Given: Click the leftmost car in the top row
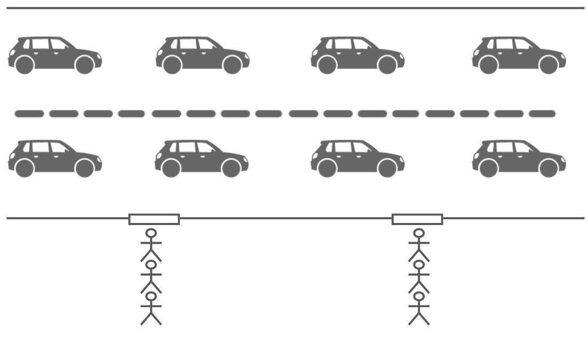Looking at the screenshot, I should coord(54,54).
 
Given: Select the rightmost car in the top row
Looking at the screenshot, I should coord(519,54).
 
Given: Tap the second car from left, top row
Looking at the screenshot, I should coord(202,54).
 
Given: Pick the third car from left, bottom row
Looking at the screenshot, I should coord(357,158).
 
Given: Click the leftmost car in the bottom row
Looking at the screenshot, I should coord(54,158).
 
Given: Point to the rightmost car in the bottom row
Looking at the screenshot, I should coord(519,158).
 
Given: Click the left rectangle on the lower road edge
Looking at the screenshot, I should coord(154,219).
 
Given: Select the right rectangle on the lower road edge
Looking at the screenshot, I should coord(417,219).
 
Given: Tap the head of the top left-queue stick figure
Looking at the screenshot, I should coord(152,233).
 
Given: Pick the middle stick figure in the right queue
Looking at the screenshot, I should coord(419,277).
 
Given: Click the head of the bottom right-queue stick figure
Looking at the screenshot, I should coord(419,296).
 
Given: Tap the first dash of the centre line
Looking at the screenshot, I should coord(29,114).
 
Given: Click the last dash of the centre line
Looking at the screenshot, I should coord(542,114).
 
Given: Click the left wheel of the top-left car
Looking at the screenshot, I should coord(25,65).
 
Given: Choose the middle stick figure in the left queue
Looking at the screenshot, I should coord(151,277).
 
